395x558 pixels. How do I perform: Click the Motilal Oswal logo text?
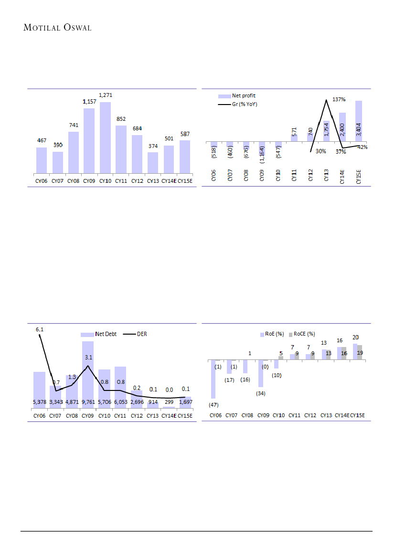(x=57, y=28)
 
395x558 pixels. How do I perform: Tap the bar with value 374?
(x=153, y=162)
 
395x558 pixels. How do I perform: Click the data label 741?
(x=73, y=125)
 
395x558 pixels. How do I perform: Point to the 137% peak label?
(x=338, y=99)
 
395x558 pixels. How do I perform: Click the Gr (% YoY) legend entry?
(x=244, y=104)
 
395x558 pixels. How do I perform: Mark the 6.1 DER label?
(x=40, y=329)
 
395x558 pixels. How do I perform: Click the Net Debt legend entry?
(x=98, y=334)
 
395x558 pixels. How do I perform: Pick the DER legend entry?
(x=142, y=334)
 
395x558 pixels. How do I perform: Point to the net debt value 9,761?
(x=87, y=402)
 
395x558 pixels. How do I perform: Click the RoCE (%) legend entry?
(x=304, y=334)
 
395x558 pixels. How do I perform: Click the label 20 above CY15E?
(x=356, y=337)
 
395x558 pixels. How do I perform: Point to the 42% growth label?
(x=363, y=147)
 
